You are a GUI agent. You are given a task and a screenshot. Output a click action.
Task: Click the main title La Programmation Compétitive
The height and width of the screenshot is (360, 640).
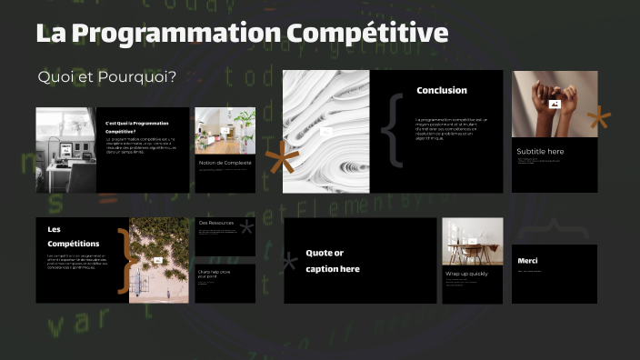242,34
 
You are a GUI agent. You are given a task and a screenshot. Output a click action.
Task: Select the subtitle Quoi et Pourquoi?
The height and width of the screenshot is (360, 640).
106,76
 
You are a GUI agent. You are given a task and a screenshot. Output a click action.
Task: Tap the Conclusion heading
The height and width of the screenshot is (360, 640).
442,90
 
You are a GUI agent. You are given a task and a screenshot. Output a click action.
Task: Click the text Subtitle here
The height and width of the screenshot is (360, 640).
540,151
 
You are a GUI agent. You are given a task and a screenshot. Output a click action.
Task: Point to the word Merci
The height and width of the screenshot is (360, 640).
527,261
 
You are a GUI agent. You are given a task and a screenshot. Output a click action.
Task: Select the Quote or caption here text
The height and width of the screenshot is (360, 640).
334,260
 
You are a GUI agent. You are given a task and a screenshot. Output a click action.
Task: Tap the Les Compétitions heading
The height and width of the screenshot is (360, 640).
72,236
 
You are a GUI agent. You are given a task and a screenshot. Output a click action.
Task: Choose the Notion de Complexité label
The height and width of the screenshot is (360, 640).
225,163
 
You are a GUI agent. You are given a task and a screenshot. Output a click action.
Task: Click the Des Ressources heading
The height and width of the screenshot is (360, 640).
215,223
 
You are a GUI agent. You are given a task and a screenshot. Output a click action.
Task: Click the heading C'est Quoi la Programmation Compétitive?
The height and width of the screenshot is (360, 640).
137,126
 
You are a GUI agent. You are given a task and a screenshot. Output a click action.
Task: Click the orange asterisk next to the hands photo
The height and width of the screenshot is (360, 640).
598,118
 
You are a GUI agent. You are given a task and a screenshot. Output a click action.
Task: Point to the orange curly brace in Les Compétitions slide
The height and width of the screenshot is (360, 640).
125,260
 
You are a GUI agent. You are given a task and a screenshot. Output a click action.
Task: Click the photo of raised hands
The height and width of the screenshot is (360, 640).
555,104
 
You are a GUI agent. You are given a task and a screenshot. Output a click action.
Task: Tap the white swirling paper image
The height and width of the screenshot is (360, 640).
325,131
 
